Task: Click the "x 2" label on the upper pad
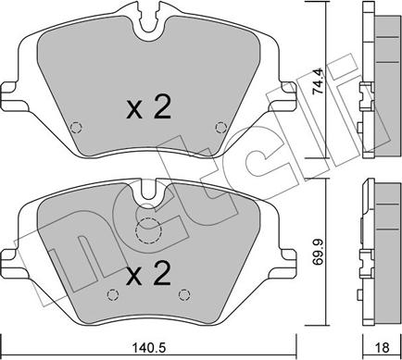coord(148,109)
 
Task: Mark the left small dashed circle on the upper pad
coord(77,128)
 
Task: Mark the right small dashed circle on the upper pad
coord(220,128)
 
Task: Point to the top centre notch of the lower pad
coord(147,191)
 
